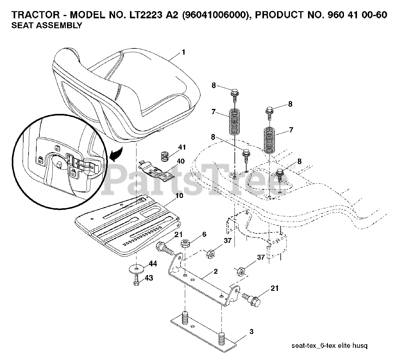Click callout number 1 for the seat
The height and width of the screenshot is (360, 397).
tap(183, 52)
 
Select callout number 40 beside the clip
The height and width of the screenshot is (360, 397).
tap(181, 161)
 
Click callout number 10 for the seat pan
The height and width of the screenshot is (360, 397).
tap(179, 196)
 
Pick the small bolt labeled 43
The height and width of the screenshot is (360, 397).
tap(137, 282)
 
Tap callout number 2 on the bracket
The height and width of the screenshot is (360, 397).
tap(216, 272)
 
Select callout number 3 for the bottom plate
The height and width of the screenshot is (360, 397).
tap(251, 331)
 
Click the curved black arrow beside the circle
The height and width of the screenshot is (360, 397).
tap(115, 154)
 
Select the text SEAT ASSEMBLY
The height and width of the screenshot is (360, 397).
tap(47, 25)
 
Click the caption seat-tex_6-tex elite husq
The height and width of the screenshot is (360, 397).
tap(329, 345)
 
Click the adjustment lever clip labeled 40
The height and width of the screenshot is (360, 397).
tap(157, 173)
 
